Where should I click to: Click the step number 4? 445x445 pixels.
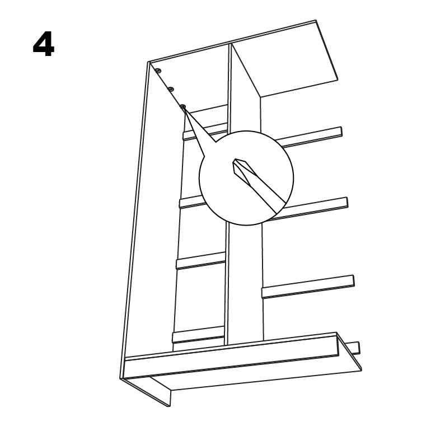point(44,44)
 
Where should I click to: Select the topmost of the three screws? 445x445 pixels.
point(158,71)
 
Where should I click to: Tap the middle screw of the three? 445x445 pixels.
point(171,90)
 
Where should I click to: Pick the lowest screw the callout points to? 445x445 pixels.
point(183,106)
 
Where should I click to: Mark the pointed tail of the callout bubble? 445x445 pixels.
point(185,109)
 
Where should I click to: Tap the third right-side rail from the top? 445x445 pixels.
point(308,287)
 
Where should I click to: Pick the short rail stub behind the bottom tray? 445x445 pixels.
point(355,348)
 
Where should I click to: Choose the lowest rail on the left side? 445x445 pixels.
point(198,335)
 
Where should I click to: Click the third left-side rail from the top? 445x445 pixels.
point(200,260)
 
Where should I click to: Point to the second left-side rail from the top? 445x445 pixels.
point(191,202)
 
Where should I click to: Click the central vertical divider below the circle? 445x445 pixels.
point(245,284)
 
